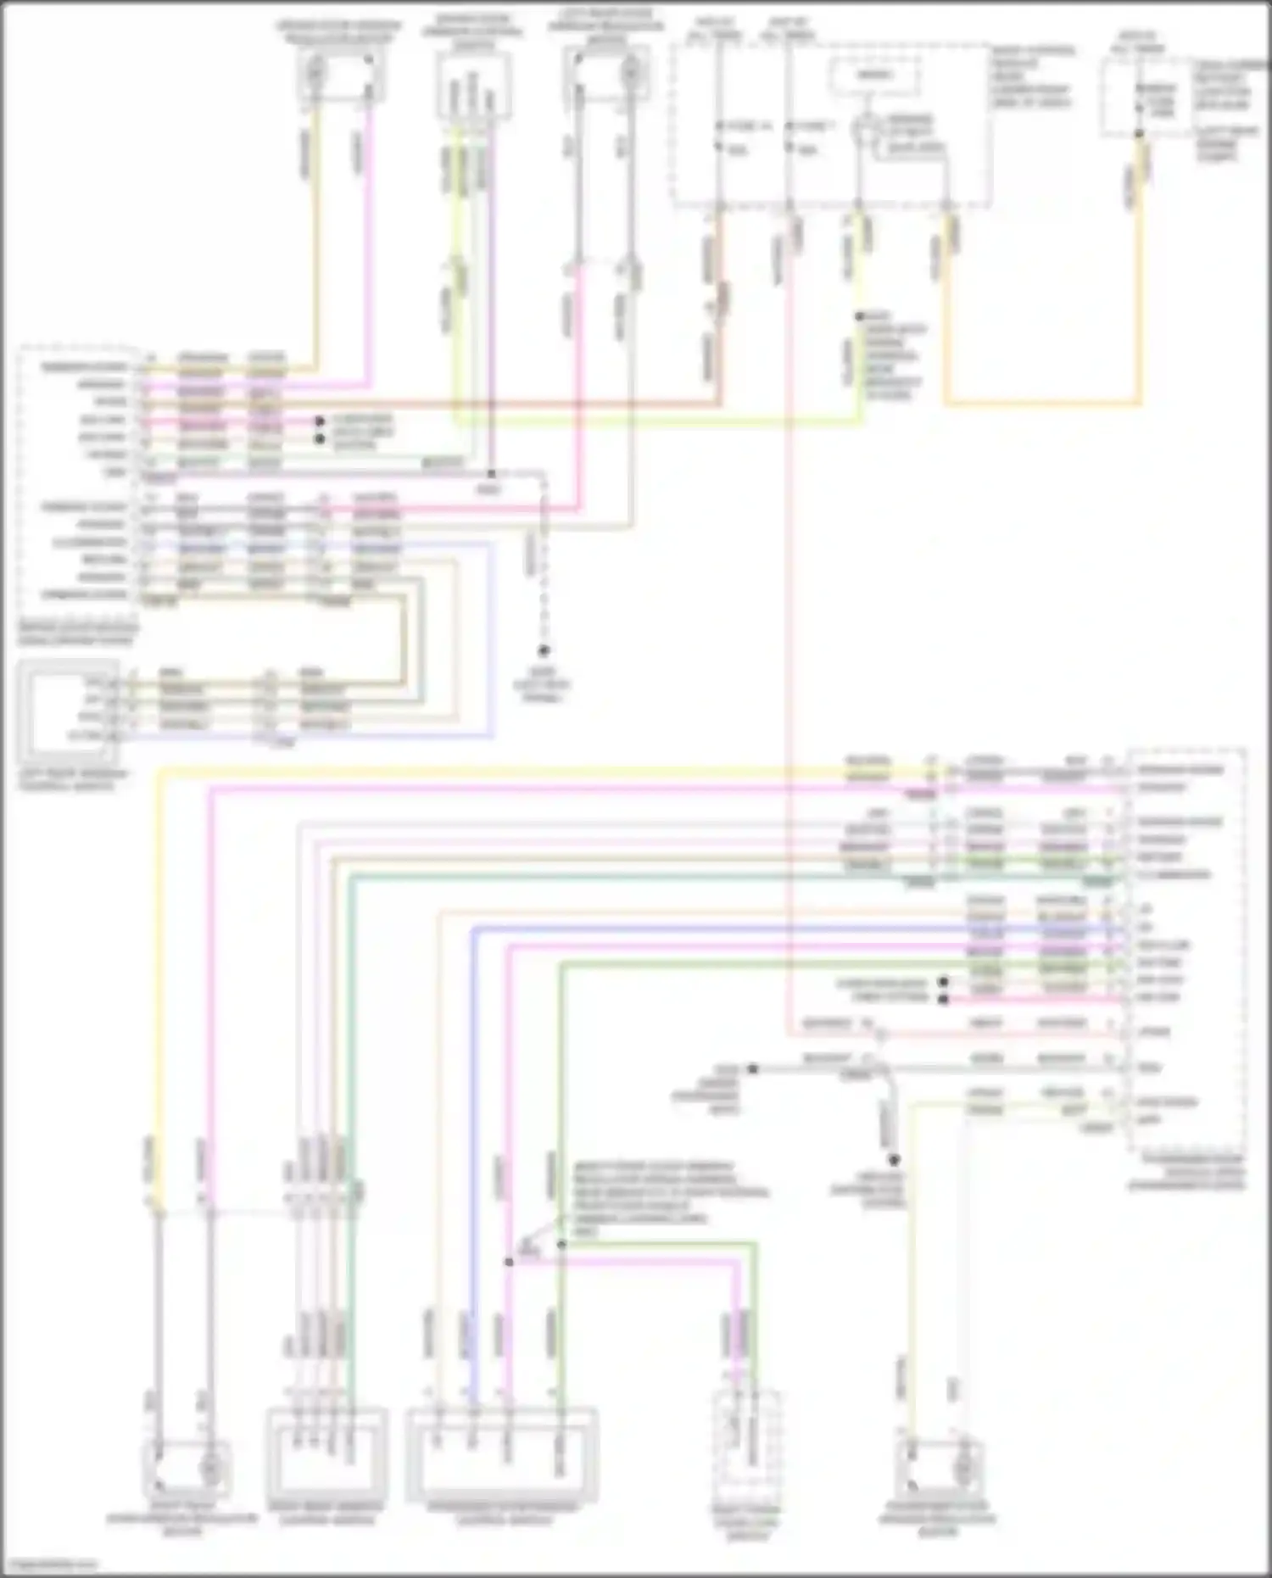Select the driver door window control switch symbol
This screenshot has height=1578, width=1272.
(473, 85)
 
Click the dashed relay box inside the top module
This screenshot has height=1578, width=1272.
(874, 76)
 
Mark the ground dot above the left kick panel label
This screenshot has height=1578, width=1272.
(544, 650)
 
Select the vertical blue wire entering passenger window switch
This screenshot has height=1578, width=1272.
(471, 1187)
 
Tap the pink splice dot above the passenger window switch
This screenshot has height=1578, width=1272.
(509, 1262)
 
